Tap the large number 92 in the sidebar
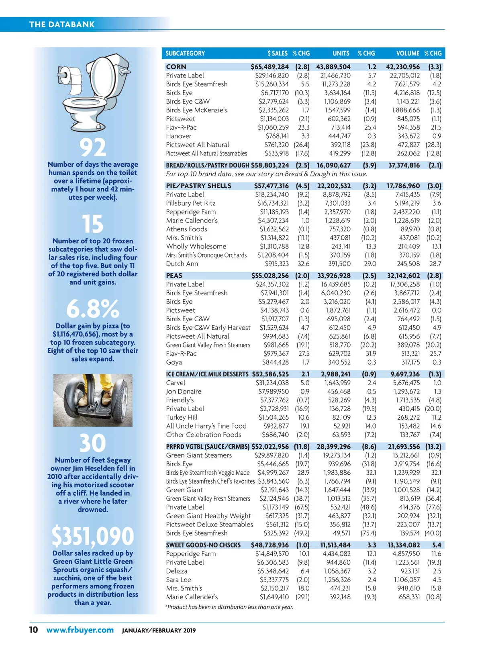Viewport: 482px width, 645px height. (x=93, y=147)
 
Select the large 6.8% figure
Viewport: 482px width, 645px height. (x=93, y=309)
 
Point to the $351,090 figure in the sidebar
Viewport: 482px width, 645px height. (x=93, y=536)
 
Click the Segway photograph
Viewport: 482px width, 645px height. (x=93, y=400)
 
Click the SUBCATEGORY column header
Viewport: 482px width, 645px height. (x=185, y=53)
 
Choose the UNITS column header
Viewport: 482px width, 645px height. (x=341, y=53)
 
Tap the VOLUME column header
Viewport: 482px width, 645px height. (x=408, y=53)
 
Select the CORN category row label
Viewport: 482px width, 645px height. (x=176, y=67)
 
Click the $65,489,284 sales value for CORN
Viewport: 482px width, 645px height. (x=270, y=67)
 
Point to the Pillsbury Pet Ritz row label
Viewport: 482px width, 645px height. (x=191, y=203)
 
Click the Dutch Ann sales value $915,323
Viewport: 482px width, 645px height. (x=277, y=264)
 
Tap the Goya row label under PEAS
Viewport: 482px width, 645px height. (x=174, y=362)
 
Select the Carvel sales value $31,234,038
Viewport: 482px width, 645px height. (x=272, y=383)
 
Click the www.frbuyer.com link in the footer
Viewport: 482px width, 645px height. (x=80, y=630)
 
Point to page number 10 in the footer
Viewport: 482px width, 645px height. (x=33, y=630)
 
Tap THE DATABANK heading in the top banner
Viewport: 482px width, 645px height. (x=62, y=24)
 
